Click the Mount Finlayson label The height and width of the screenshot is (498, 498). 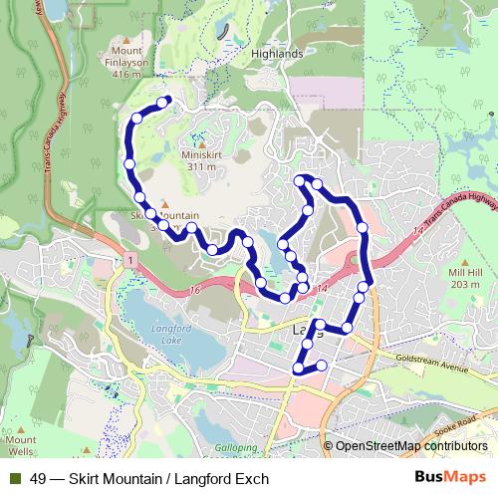pos(126,60)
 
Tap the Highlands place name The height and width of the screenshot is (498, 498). pos(277,54)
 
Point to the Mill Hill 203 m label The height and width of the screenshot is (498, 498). pos(464,278)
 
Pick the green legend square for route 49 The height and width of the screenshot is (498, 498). pos(15,479)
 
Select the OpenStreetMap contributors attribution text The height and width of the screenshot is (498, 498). pos(411,446)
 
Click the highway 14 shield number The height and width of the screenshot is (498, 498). pos(321,289)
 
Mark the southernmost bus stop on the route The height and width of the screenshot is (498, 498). pos(298,370)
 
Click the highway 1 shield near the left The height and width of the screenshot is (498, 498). pos(129,260)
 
